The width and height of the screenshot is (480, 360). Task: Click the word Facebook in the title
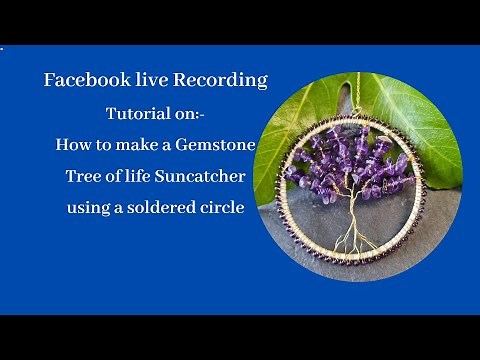83,80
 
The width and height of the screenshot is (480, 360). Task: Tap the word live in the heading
147,80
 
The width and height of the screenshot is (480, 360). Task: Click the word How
73,145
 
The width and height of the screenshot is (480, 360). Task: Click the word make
137,145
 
